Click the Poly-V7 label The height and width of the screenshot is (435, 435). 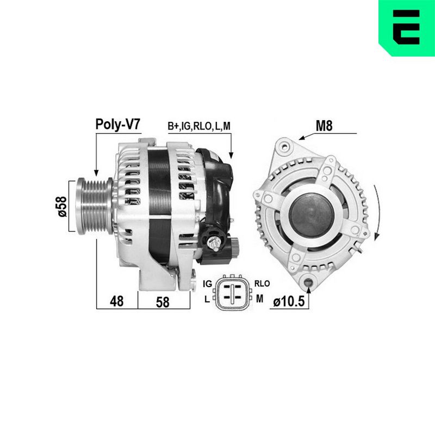(118, 125)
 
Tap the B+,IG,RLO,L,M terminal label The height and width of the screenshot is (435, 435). (199, 126)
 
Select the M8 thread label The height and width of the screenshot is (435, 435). (324, 126)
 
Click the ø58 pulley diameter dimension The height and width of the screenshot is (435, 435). (62, 206)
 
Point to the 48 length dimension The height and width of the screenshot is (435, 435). (117, 301)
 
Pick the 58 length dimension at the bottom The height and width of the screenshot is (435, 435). (163, 302)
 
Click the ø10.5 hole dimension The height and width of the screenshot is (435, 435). (289, 301)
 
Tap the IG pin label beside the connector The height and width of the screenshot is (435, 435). (208, 284)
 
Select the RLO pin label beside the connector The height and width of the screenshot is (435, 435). (262, 283)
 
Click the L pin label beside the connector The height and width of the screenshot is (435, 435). (207, 300)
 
